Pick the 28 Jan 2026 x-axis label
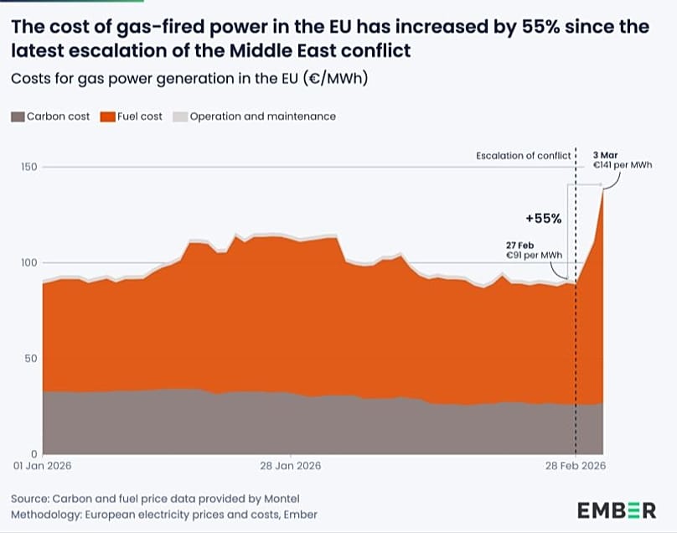[290, 466]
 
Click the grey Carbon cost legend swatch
[18, 116]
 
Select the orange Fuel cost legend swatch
[107, 116]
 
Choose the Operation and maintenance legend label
[262, 116]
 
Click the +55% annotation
[543, 219]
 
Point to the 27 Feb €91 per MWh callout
[532, 249]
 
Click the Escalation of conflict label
[523, 156]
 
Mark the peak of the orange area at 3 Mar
[603, 191]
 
